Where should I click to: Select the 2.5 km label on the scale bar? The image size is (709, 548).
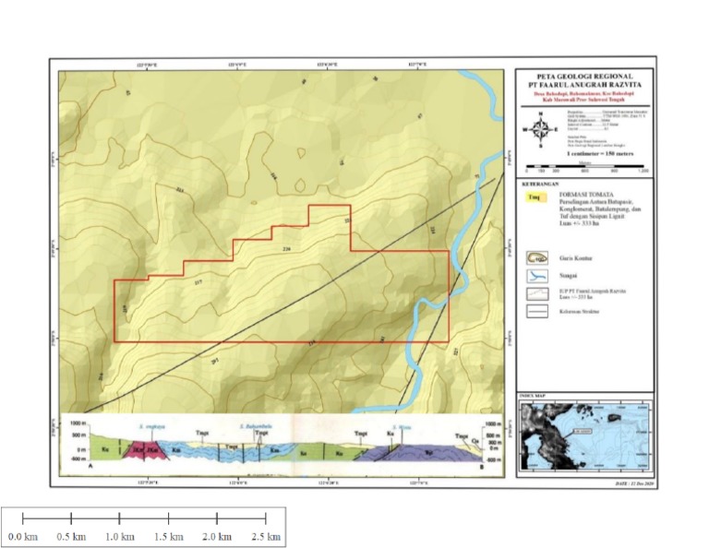tap(266, 536)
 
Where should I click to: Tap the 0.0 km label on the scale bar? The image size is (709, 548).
tap(23, 536)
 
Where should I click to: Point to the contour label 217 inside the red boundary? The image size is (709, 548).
tap(198, 281)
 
